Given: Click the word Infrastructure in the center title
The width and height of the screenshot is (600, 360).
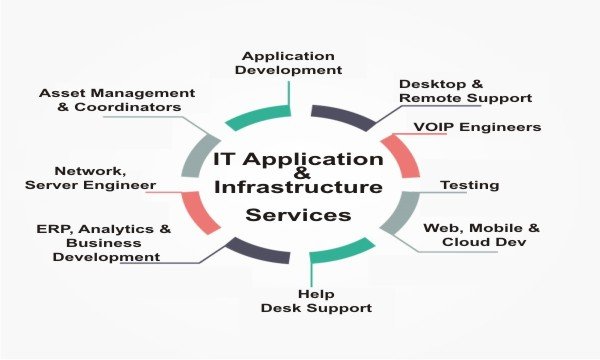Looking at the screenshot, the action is [x=298, y=187].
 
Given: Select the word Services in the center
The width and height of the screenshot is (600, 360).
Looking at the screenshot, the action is [x=298, y=215].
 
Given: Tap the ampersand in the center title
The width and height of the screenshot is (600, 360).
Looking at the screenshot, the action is [x=303, y=173].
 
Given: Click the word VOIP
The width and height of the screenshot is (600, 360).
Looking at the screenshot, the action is [x=434, y=127].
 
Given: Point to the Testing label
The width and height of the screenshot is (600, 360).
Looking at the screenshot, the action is [x=470, y=185].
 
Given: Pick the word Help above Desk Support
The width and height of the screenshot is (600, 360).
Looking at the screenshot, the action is [x=316, y=294].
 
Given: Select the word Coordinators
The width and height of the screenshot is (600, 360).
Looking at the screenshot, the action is [x=128, y=107].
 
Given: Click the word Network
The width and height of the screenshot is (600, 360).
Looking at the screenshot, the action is [x=90, y=171].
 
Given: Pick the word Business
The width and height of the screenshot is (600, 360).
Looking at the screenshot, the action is [x=104, y=243].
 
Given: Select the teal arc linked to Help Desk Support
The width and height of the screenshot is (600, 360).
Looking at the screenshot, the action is [x=341, y=251].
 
